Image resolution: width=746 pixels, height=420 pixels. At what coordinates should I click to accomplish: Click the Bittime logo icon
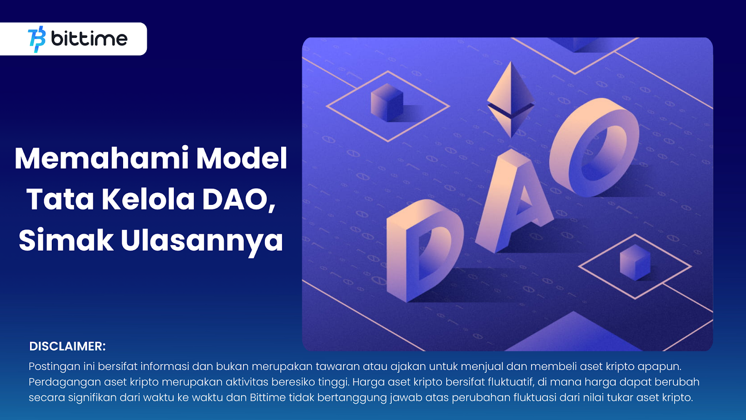[x=37, y=39]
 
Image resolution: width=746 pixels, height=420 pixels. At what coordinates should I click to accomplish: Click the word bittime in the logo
[x=89, y=38]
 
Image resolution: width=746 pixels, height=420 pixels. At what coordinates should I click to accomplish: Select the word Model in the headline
[x=242, y=158]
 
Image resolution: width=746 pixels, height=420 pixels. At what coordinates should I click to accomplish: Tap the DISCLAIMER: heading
[x=67, y=346]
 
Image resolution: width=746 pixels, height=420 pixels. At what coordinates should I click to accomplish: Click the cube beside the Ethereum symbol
[x=387, y=102]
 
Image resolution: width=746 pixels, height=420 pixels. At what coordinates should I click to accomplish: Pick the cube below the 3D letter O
[x=635, y=262]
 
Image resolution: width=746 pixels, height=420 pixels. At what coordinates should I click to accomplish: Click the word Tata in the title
[x=60, y=199]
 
